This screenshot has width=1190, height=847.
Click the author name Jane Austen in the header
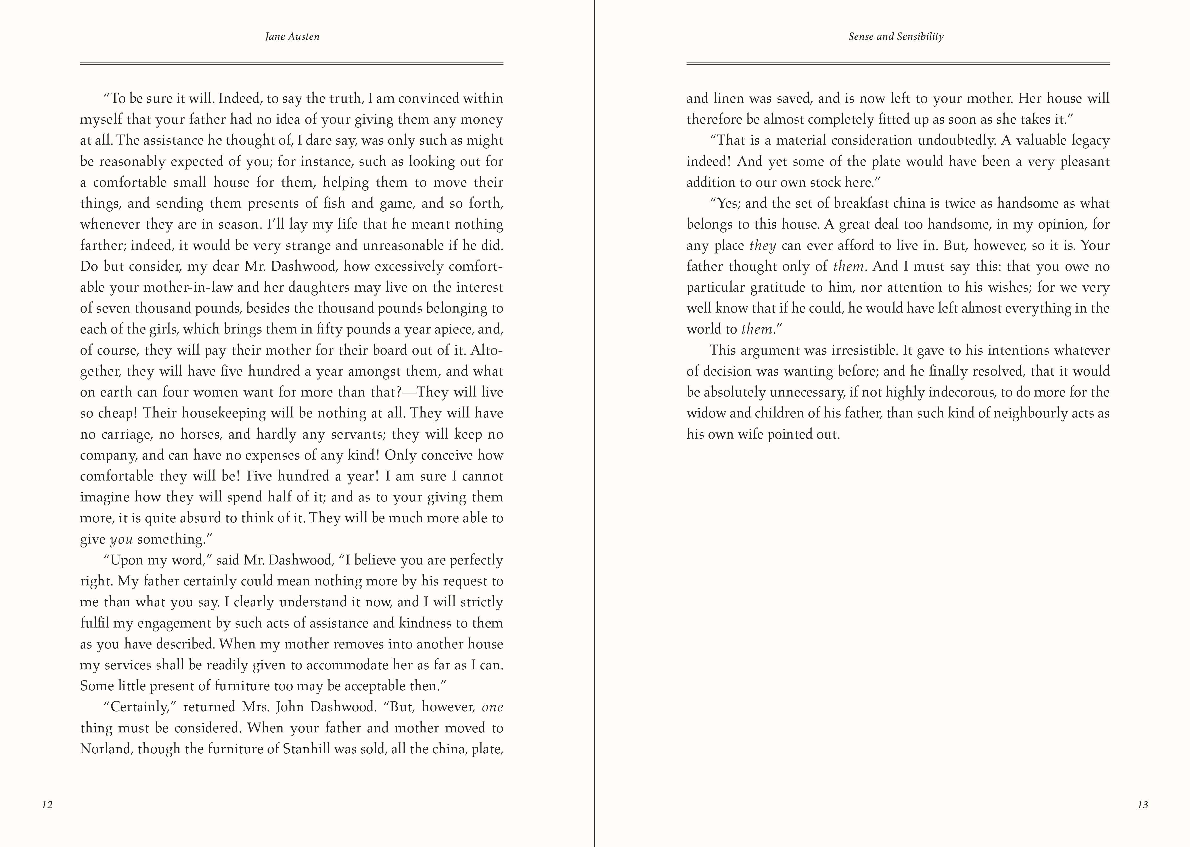292,37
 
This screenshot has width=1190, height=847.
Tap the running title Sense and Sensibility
896,37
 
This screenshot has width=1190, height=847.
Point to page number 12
47,805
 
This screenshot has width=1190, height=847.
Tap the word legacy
1090,140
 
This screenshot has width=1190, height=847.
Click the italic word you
121,539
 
